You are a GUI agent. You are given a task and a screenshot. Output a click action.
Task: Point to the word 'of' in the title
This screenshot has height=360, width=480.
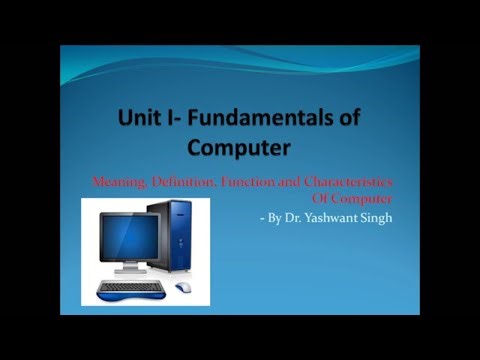click(x=346, y=119)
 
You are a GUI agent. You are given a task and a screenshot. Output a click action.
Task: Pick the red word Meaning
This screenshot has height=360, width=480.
click(x=117, y=180)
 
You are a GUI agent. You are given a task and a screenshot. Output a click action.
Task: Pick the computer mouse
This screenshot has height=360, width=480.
click(x=184, y=288)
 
